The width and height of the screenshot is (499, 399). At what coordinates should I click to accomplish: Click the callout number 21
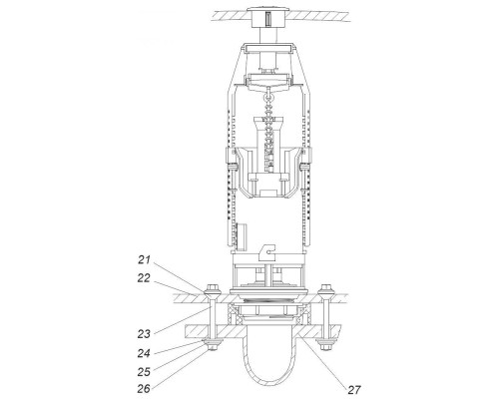point(145,259)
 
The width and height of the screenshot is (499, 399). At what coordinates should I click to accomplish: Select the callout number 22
point(144,278)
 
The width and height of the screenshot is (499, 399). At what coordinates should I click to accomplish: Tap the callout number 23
point(144,333)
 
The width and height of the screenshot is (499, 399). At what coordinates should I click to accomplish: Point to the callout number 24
point(144,353)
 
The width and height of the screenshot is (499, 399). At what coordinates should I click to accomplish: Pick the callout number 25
point(144,371)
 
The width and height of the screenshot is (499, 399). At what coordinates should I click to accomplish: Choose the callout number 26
point(144,388)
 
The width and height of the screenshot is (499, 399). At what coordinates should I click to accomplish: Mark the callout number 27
point(354,389)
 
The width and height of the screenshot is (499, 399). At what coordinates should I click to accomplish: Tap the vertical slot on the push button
point(268,18)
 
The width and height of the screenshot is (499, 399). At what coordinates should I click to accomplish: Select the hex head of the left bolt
point(213,286)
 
